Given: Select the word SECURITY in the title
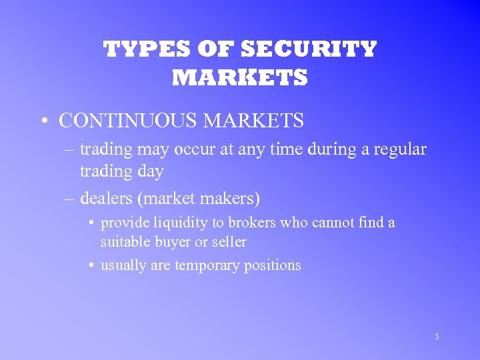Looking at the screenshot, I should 309,49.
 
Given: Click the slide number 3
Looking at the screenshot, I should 437,337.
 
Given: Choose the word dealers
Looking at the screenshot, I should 105,198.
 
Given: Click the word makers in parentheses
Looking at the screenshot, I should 231,198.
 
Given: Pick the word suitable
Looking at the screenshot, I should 125,241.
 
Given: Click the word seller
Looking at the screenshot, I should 229,241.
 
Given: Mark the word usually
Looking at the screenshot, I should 123,265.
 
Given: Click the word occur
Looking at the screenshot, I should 193,149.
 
